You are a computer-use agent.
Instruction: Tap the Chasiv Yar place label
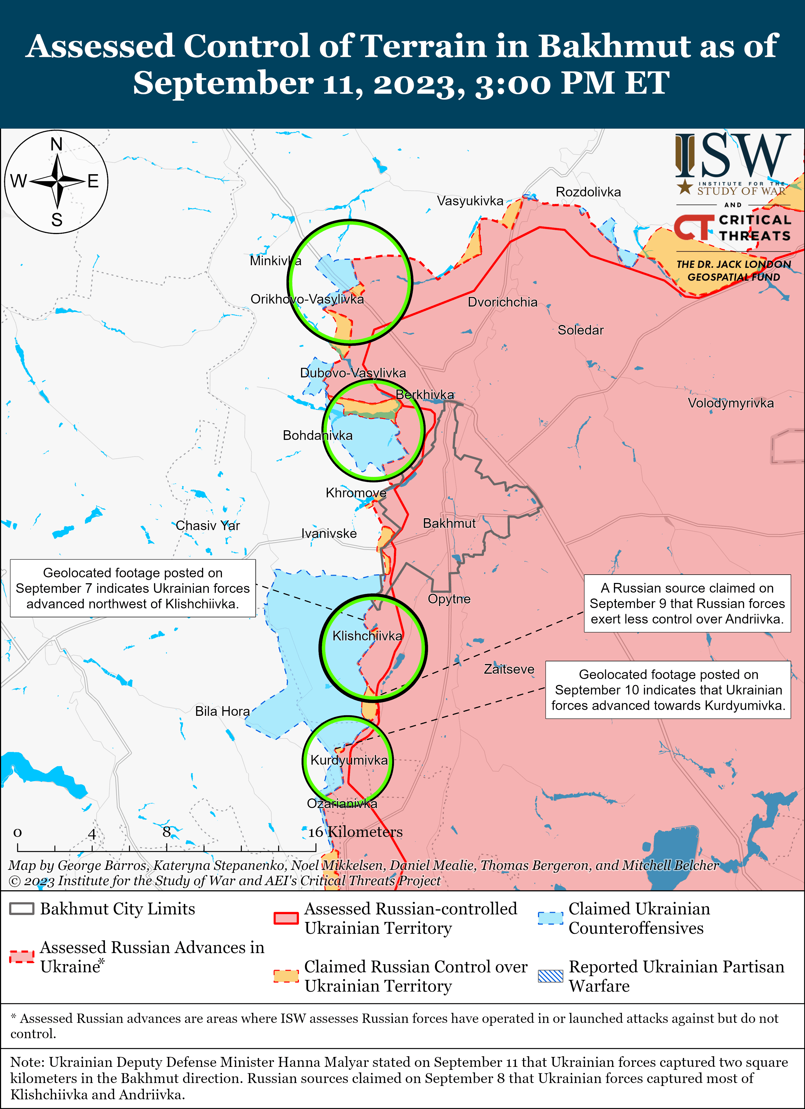pos(208,526)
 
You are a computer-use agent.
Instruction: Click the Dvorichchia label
pos(502,302)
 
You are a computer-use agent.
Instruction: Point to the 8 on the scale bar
pos(167,832)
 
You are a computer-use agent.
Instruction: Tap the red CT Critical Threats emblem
pos(693,227)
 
